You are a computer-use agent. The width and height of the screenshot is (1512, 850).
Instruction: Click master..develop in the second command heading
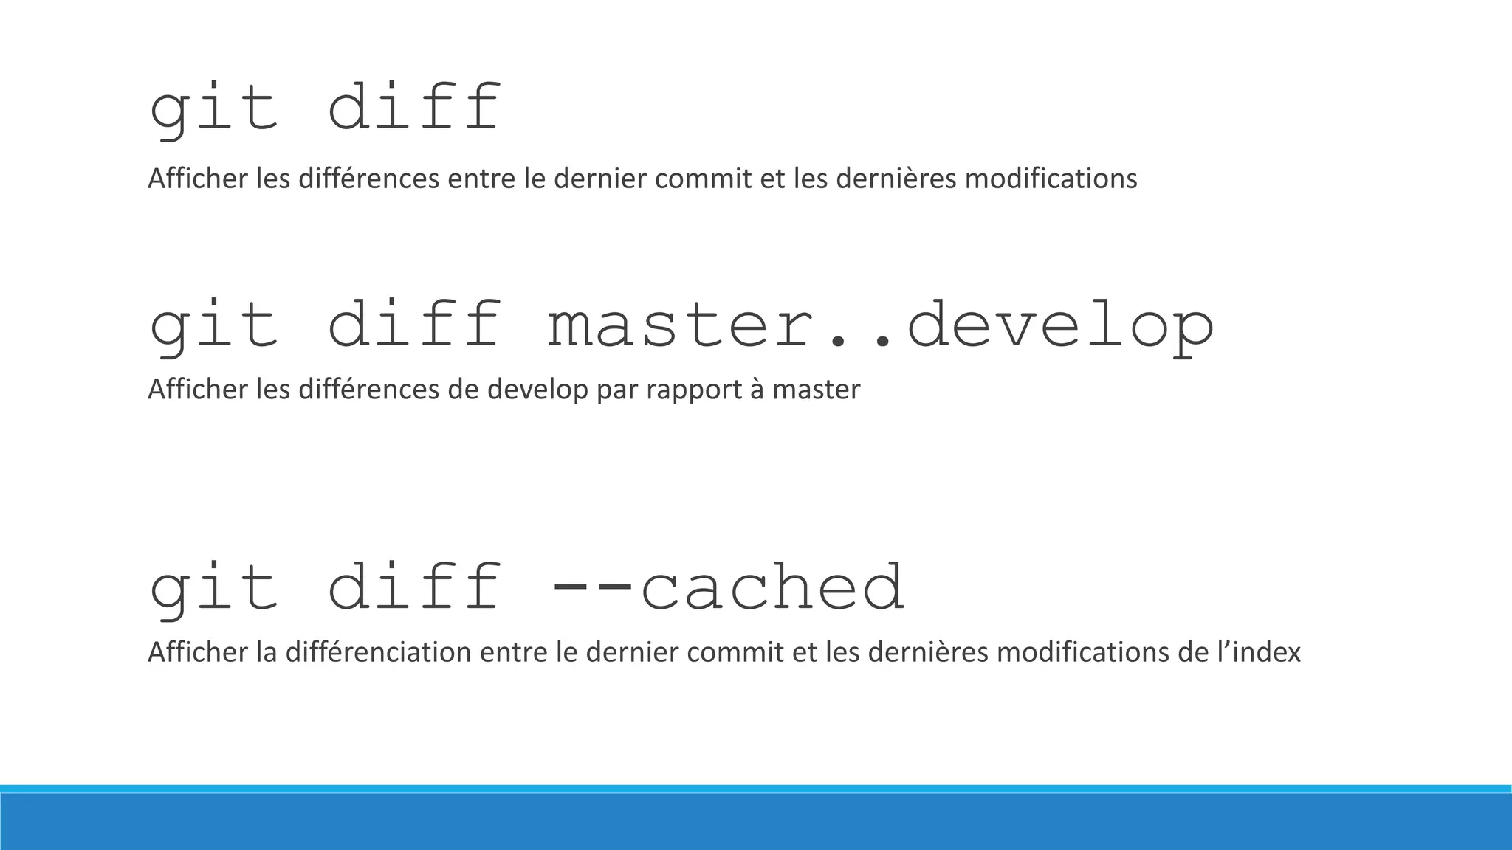coord(881,326)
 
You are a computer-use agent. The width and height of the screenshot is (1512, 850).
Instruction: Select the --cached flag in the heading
coord(727,588)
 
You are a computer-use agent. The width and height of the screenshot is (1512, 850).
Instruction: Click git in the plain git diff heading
coord(214,109)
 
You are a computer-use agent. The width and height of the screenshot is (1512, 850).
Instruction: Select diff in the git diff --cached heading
coord(413,588)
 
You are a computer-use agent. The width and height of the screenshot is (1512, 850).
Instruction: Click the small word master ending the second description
coord(817,390)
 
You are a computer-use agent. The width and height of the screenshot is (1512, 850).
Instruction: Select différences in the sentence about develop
coord(369,390)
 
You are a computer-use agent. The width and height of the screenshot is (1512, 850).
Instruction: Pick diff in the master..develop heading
coord(413,326)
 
